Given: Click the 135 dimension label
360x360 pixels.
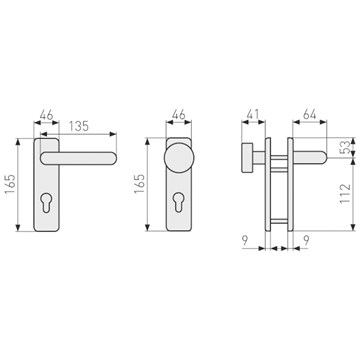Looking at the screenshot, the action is (x=79, y=126).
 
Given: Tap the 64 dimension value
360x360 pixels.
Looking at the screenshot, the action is (x=310, y=115).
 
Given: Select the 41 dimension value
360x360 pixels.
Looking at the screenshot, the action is (x=253, y=115).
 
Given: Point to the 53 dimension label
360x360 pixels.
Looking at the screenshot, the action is (x=346, y=147).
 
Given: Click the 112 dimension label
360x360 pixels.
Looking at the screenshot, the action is (x=346, y=193).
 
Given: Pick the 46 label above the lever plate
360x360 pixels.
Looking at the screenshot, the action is (x=46, y=115).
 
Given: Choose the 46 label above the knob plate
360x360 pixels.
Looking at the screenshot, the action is (x=179, y=115).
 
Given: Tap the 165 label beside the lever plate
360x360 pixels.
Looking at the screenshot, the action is (x=10, y=184).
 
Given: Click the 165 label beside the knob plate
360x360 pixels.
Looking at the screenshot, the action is (x=139, y=184).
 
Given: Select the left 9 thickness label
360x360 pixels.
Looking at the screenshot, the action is (x=245, y=240).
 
